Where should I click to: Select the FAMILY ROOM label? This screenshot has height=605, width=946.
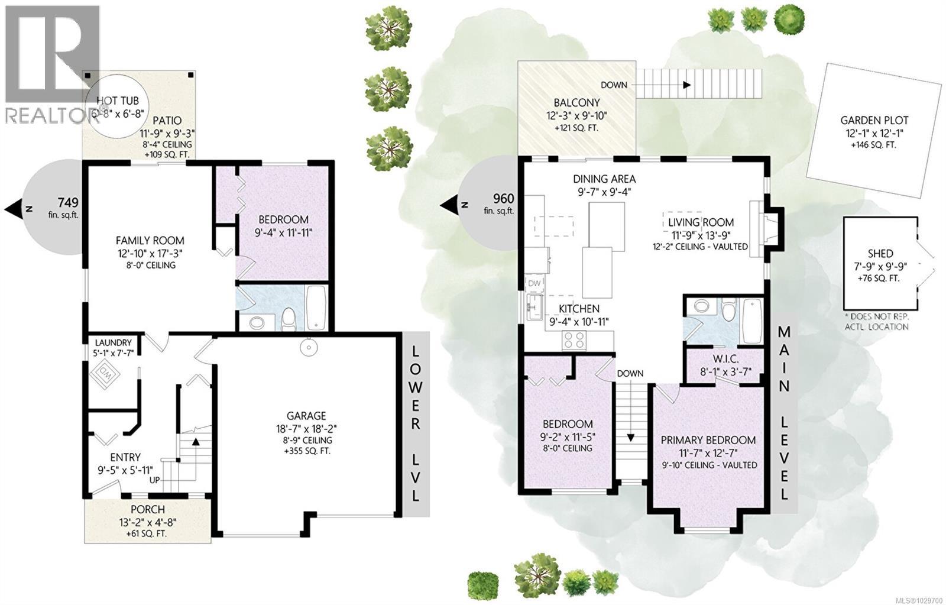[150, 241]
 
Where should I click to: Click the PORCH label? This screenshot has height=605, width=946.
[147, 510]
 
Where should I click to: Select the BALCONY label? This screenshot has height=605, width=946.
[577, 103]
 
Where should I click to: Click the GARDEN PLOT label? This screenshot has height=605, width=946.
[874, 121]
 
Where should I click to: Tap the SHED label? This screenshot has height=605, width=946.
[881, 253]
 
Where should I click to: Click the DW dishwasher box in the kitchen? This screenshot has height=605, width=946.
[534, 284]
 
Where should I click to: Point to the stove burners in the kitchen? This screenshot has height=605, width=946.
[574, 340]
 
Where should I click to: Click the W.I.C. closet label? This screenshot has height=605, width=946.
[725, 358]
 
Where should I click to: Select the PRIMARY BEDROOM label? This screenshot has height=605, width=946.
[708, 440]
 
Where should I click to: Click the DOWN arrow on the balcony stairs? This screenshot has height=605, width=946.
[686, 85]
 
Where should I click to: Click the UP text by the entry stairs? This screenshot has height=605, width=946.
[154, 480]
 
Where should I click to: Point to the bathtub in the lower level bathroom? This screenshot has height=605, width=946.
[316, 308]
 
